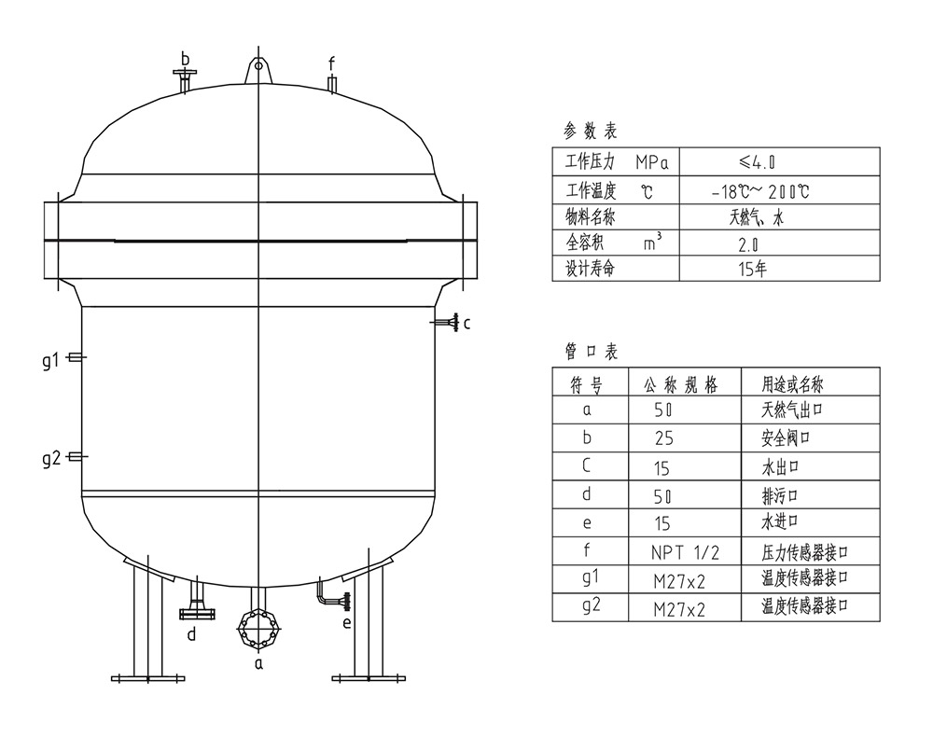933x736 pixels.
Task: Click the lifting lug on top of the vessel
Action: click(258, 70)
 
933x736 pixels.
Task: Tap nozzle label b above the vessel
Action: click(185, 60)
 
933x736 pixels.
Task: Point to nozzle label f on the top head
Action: click(332, 63)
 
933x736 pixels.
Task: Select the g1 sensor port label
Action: click(51, 360)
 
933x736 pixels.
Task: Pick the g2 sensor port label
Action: click(51, 459)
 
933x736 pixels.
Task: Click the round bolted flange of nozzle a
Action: click(258, 629)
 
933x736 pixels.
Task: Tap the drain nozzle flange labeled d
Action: click(197, 614)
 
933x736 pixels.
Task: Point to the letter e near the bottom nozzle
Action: click(347, 623)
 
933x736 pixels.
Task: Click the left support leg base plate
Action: click(147, 678)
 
